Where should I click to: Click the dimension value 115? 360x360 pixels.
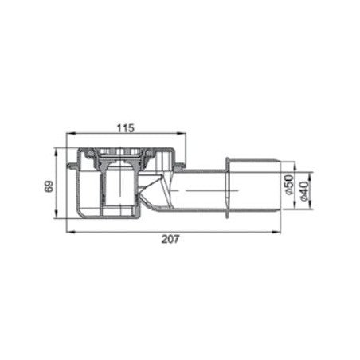coord(126,128)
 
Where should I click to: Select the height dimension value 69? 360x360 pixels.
coord(49,186)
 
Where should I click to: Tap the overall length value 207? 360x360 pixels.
coord(170,239)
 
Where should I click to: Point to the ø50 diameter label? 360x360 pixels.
coord(289,185)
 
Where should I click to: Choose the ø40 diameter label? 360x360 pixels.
coord(303,191)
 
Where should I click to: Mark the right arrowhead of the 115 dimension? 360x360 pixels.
coord(182,134)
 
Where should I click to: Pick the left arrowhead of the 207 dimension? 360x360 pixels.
coord(71,232)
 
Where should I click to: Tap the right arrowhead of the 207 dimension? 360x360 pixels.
coord(276,232)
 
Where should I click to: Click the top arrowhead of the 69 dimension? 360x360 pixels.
coord(56,152)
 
